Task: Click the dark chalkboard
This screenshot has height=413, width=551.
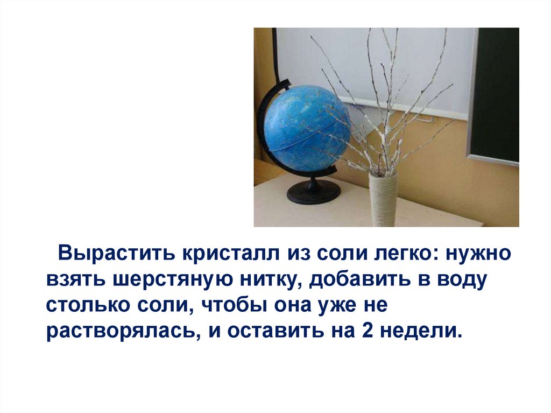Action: coord(495,92)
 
